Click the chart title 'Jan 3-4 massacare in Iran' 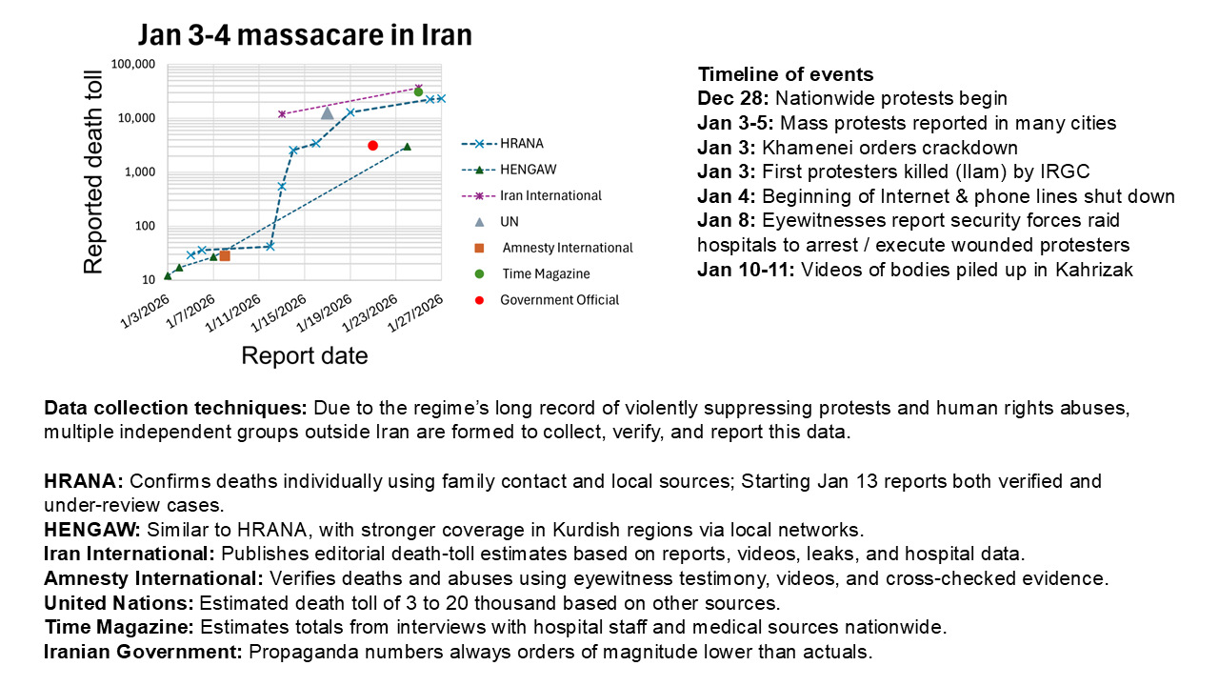pyautogui.click(x=305, y=35)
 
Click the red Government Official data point pyautogui.click(x=373, y=146)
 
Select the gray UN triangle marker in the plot pyautogui.click(x=327, y=112)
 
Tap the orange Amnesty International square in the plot pyautogui.click(x=225, y=255)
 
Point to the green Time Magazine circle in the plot pyautogui.click(x=418, y=92)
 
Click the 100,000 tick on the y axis pyautogui.click(x=133, y=65)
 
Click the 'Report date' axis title pyautogui.click(x=304, y=356)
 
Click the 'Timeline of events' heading pyautogui.click(x=785, y=74)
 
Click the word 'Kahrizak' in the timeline pyautogui.click(x=1093, y=270)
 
